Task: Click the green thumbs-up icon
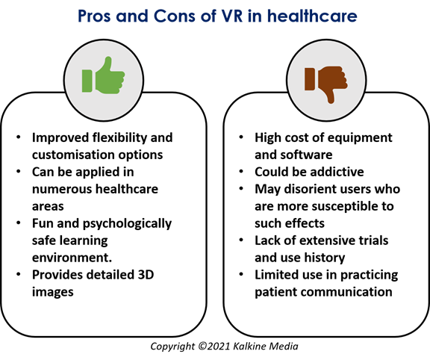(x=103, y=75)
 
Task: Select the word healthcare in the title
(x=312, y=16)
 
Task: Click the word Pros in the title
(x=94, y=16)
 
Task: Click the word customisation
(x=73, y=155)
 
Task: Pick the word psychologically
(x=127, y=224)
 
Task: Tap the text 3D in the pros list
(x=146, y=275)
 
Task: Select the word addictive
(x=337, y=172)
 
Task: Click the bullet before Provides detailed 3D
(x=19, y=274)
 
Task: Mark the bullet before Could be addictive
(x=241, y=171)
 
